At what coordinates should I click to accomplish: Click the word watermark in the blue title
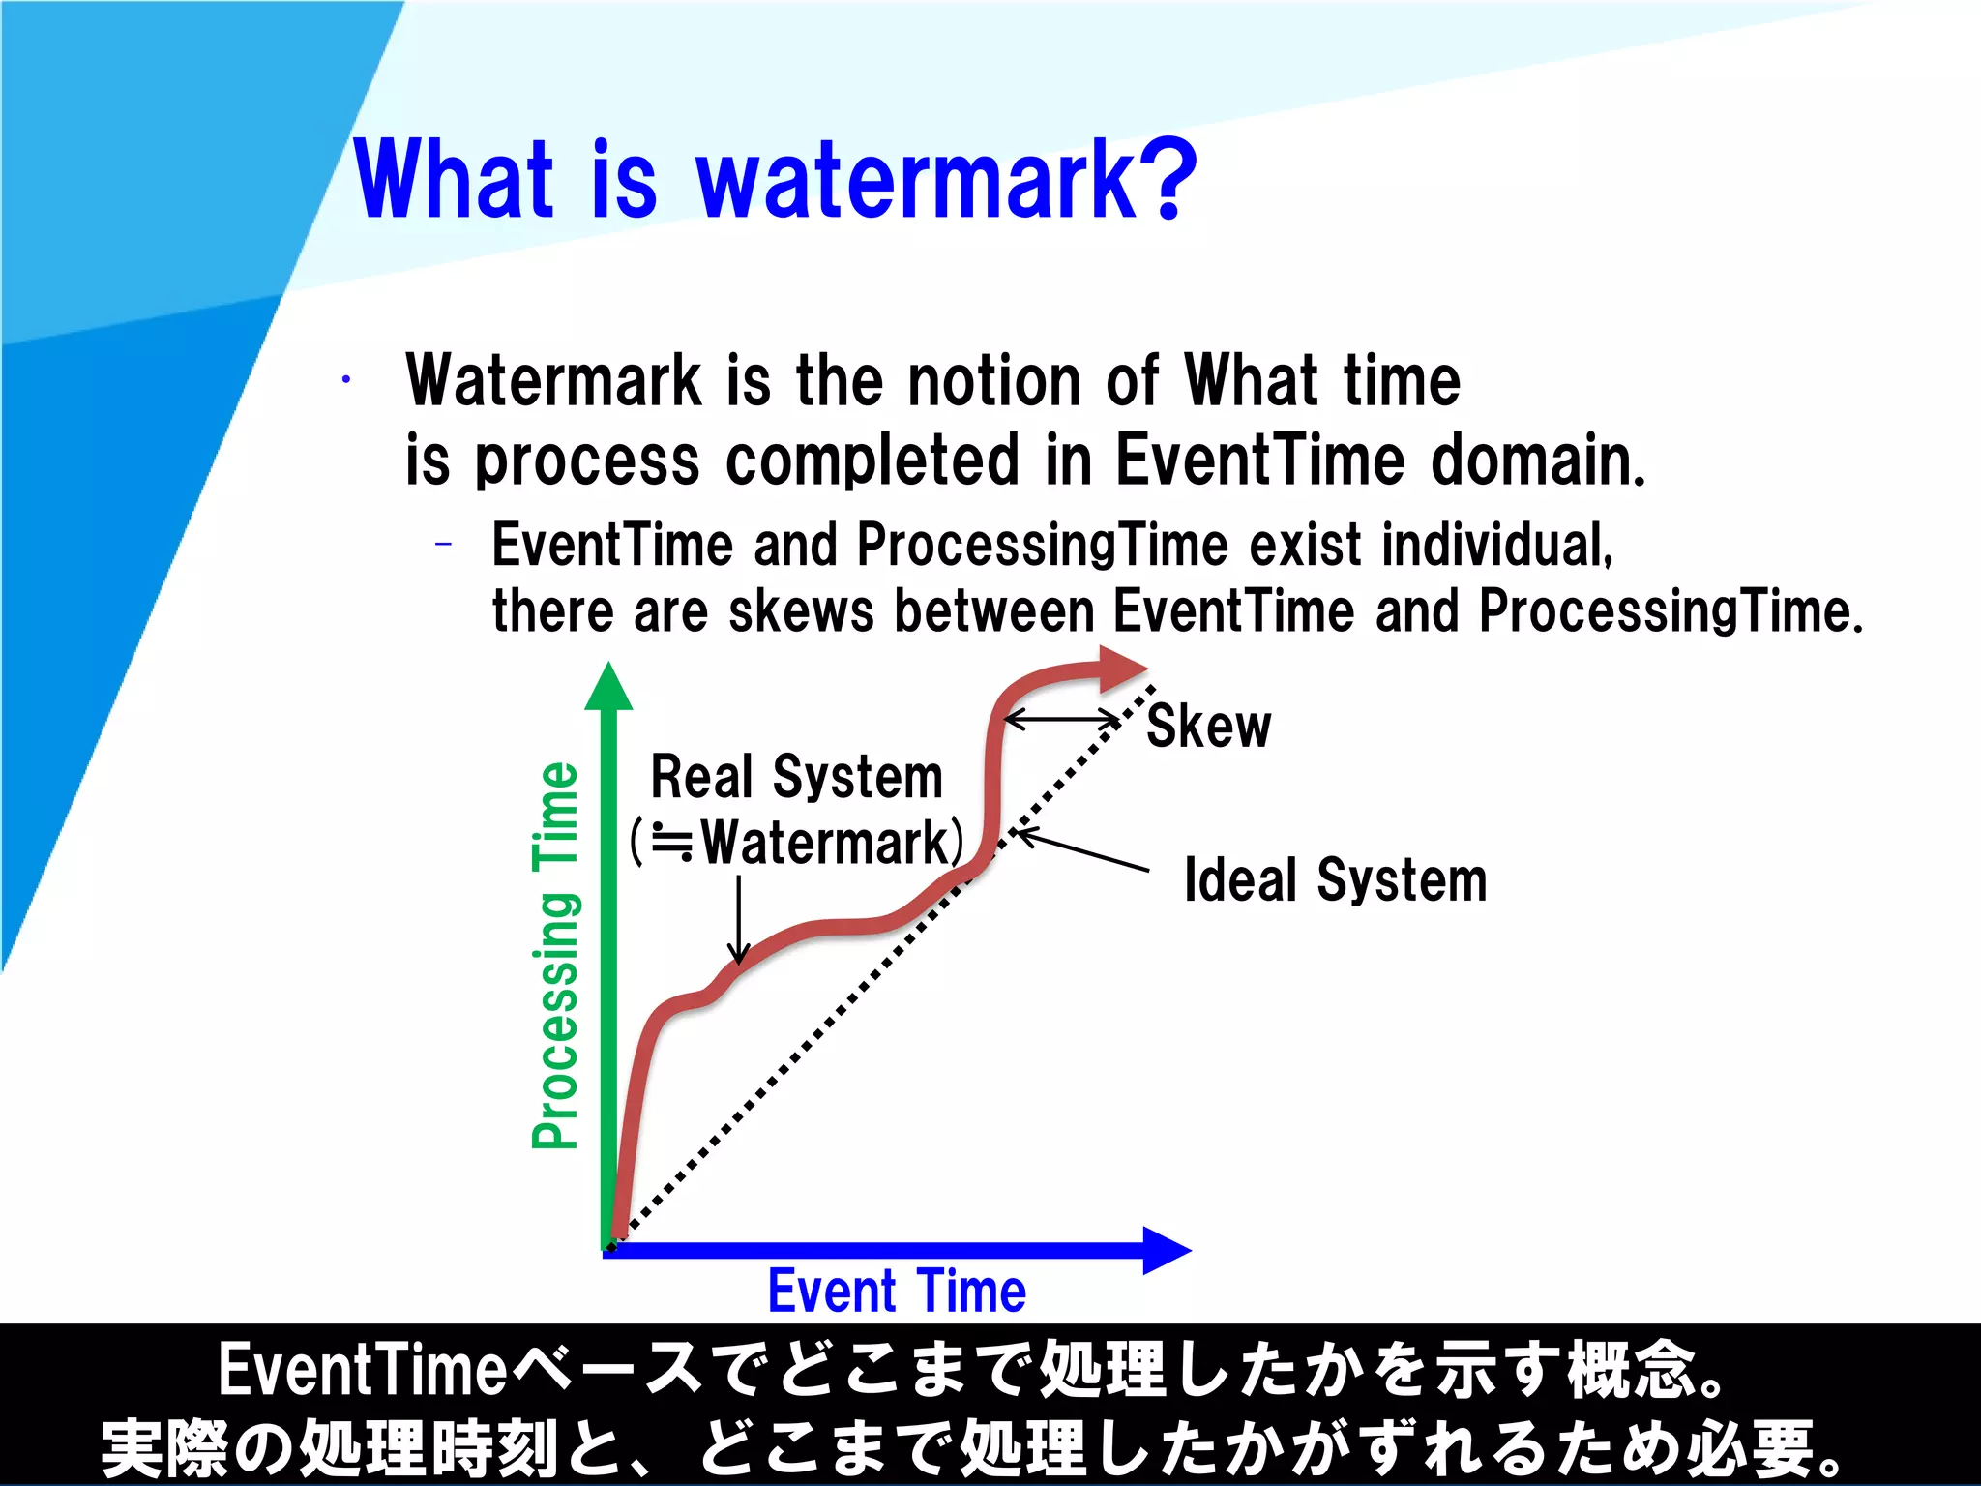915,180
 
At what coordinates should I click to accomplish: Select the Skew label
1208,727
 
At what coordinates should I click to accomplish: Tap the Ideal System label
1335,880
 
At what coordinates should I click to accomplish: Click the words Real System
796,777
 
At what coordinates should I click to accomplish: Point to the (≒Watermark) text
797,843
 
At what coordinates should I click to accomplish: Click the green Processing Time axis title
556,955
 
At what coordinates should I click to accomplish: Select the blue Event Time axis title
897,1292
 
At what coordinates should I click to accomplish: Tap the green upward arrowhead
608,687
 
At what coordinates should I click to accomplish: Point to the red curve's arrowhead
1122,669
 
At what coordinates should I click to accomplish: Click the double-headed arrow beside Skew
1062,720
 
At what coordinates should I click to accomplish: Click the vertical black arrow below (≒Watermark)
739,919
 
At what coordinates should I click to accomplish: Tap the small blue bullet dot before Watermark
345,380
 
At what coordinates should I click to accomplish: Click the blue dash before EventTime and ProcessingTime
444,545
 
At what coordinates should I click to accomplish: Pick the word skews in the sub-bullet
801,612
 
